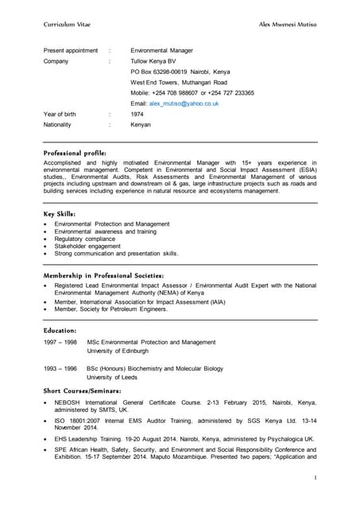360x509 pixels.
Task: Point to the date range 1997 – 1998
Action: point(60,342)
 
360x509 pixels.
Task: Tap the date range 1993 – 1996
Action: point(60,369)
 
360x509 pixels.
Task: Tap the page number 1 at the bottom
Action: point(315,478)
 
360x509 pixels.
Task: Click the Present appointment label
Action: point(71,50)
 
